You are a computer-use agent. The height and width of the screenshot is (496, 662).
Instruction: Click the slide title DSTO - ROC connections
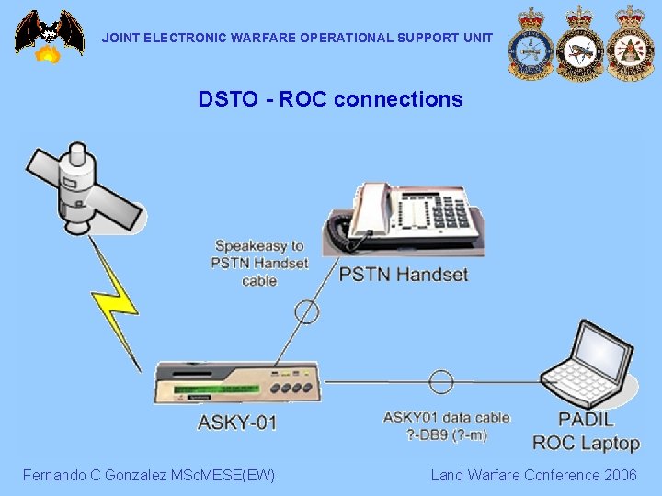point(330,99)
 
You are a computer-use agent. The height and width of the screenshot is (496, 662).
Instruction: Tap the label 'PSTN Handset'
point(404,274)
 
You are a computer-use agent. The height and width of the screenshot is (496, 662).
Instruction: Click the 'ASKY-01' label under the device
point(237,423)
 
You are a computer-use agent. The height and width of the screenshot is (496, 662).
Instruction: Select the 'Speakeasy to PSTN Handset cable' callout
point(259,264)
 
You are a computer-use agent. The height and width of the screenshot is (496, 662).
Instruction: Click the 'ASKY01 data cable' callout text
point(447,426)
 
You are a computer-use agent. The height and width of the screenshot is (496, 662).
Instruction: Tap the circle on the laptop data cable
point(441,381)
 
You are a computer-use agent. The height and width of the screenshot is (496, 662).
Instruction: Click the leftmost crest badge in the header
point(531,43)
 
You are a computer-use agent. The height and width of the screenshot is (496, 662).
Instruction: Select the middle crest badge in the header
point(580,43)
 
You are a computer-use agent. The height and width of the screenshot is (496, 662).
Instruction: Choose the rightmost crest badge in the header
point(630,43)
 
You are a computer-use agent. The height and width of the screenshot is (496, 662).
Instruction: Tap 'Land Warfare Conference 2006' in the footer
point(533,475)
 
